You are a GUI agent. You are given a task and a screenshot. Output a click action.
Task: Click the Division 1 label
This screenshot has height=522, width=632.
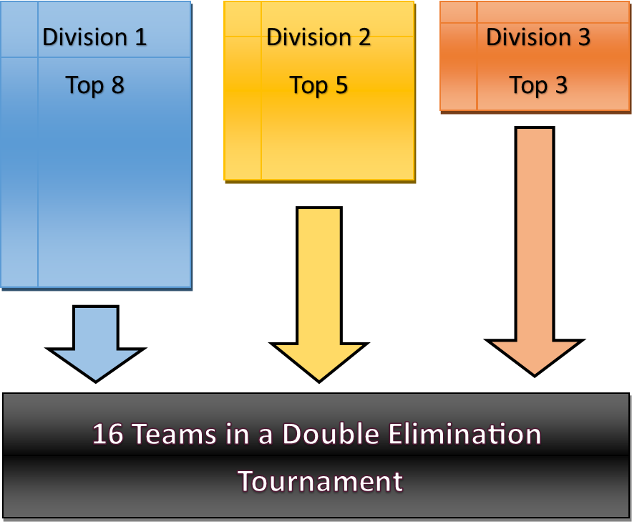[94, 37]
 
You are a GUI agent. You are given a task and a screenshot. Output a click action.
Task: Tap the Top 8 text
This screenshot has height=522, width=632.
[95, 85]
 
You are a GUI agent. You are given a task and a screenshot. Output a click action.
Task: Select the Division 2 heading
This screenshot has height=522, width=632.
[319, 37]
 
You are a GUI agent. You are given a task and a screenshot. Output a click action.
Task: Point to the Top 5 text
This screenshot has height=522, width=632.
[319, 85]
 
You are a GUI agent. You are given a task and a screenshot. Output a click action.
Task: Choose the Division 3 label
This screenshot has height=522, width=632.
[538, 37]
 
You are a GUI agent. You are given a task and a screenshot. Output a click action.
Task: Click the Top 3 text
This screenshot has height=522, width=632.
[538, 85]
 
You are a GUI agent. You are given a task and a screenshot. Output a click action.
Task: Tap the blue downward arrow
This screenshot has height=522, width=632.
[95, 344]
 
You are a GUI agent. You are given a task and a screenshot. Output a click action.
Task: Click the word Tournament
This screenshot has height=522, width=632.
[320, 480]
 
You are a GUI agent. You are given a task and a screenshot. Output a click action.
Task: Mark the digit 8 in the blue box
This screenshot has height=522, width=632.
[117, 85]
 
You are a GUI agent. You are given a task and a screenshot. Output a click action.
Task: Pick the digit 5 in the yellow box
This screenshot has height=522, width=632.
[341, 85]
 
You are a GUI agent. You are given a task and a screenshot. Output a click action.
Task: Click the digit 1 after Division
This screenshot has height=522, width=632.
[140, 37]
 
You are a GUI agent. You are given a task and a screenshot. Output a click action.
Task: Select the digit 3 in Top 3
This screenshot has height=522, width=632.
[560, 85]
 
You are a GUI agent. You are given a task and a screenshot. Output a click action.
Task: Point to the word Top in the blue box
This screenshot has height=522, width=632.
[84, 85]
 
